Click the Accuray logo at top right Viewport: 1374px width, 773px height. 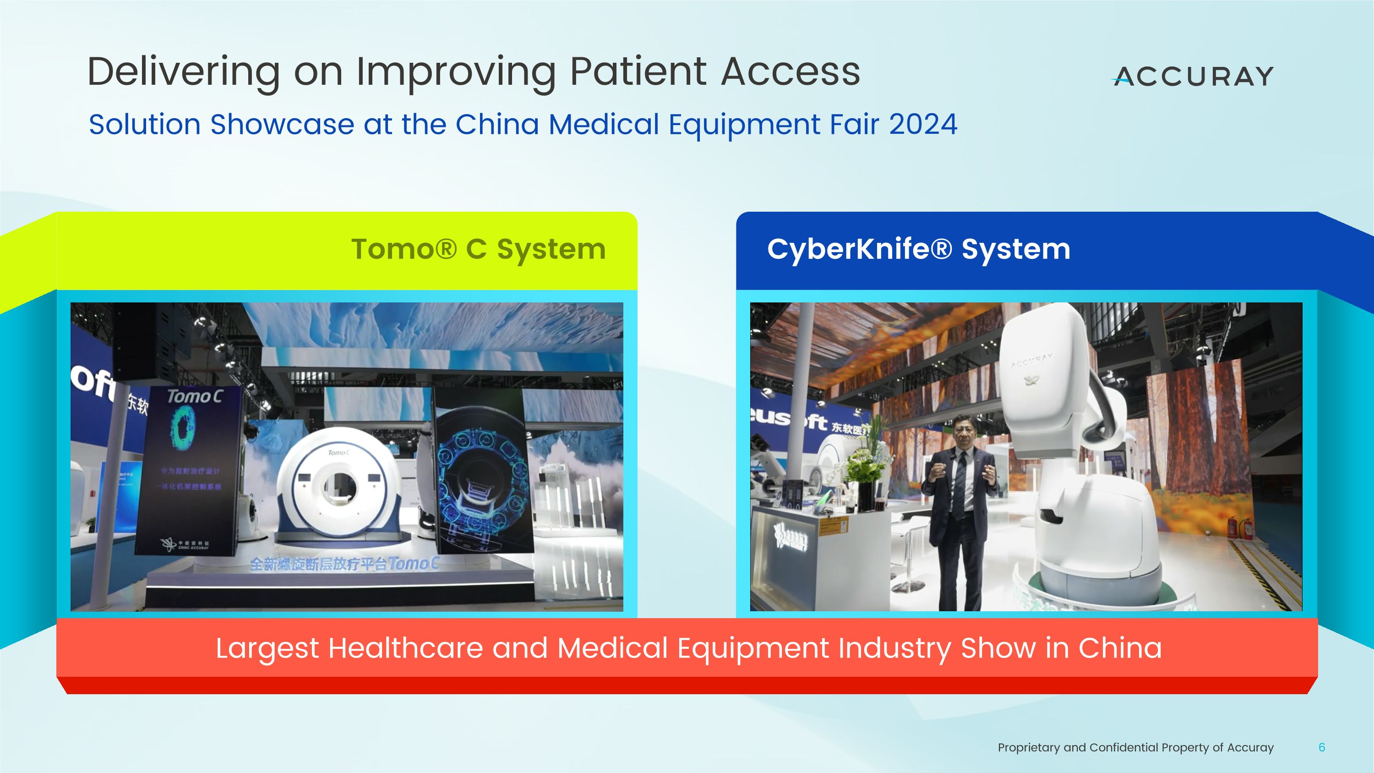[1193, 76]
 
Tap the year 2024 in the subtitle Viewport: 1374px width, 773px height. [923, 124]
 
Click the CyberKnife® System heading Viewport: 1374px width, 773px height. [918, 249]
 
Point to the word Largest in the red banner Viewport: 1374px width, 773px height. [267, 648]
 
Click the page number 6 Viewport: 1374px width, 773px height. [1321, 747]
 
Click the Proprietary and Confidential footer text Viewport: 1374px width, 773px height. [1135, 747]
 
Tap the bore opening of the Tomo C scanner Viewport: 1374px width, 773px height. [340, 487]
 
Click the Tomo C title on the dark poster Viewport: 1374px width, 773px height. [194, 396]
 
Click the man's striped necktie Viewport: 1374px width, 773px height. [960, 483]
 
